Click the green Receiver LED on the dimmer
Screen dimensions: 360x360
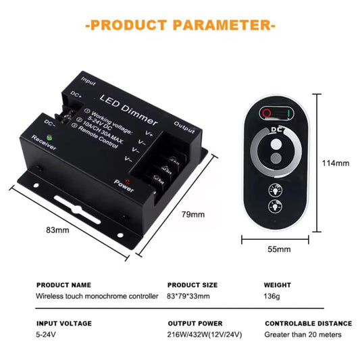pos(49,138)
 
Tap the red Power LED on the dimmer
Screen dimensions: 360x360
pos(127,182)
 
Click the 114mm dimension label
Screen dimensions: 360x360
pos(336,163)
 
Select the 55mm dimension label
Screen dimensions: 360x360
pos(279,249)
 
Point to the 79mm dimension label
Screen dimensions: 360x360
pos(193,214)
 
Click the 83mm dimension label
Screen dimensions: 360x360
pos(57,230)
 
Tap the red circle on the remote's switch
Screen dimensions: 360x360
pos(267,113)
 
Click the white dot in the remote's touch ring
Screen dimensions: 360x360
pos(276,145)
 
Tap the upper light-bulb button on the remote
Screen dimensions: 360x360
pos(276,190)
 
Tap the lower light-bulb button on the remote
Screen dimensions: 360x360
pos(275,206)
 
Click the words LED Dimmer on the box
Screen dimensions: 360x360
pos(129,109)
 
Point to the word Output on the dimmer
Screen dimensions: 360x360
pos(184,128)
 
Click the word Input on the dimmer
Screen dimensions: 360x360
pos(88,81)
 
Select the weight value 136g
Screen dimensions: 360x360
pos(272,297)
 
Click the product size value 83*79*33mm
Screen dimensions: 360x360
pos(188,297)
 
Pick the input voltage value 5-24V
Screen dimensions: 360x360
pos(46,334)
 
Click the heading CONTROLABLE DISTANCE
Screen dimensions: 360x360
pos(309,324)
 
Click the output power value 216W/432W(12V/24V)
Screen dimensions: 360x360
pos(205,334)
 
